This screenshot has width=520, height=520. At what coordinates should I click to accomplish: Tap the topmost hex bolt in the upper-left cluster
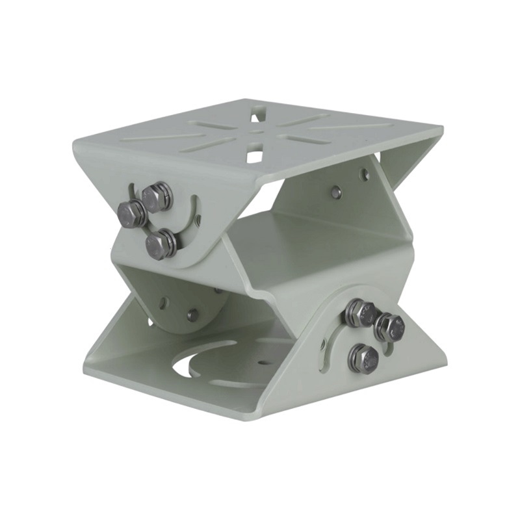157,196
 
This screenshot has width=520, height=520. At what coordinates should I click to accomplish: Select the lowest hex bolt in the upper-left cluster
159,245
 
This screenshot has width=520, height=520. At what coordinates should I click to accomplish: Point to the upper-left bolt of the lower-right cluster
358,313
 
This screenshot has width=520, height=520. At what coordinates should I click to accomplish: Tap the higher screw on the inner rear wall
364,174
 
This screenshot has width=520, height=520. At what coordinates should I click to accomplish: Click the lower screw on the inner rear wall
335,192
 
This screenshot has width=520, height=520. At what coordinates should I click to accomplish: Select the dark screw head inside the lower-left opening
193,315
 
